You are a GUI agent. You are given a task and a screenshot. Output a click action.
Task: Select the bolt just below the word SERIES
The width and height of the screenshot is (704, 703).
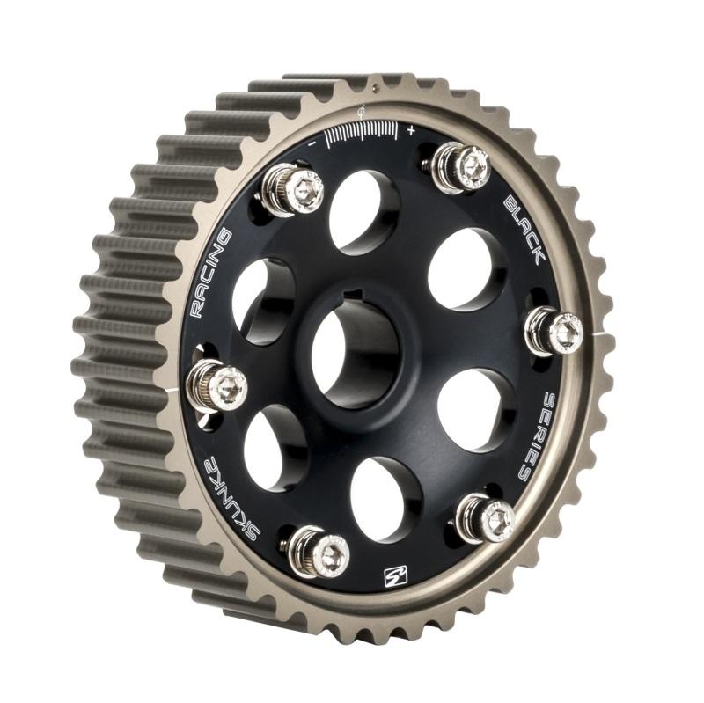pos(486,519)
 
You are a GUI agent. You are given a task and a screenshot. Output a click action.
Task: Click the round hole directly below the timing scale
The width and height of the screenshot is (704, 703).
pos(363,211)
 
